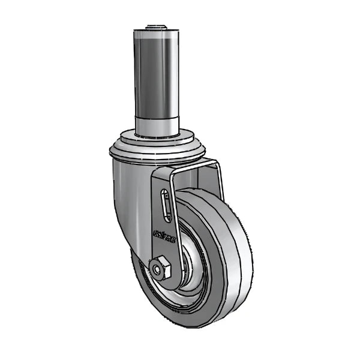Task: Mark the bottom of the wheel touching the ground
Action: click(x=198, y=324)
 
